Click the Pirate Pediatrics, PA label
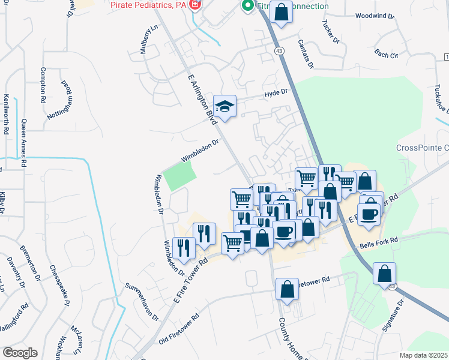(x=147, y=5)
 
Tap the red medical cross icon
(x=194, y=5)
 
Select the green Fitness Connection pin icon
(x=246, y=6)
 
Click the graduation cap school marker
(x=225, y=107)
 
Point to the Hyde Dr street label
(x=277, y=93)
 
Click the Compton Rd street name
(x=43, y=83)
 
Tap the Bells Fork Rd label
(x=379, y=242)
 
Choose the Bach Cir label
(x=386, y=55)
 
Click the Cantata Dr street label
(x=306, y=53)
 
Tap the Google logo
(x=19, y=353)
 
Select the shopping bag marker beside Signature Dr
(x=384, y=274)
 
